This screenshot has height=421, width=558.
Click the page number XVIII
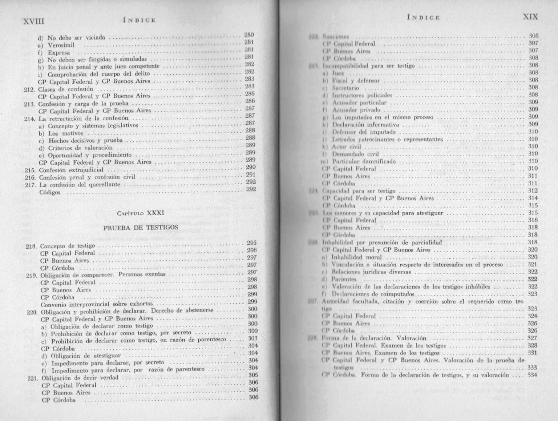click(x=33, y=21)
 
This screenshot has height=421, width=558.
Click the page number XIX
click(x=530, y=17)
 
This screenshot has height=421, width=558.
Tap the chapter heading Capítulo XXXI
click(x=141, y=213)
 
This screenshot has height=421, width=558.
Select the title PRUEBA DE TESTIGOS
click(x=141, y=228)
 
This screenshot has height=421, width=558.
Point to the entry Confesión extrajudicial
click(x=71, y=170)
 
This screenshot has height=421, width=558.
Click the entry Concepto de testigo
click(x=68, y=246)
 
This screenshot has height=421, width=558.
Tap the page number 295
click(x=252, y=243)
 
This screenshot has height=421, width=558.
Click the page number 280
click(x=249, y=35)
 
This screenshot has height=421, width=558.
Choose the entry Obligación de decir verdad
click(x=80, y=378)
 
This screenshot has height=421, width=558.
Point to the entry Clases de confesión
click(x=66, y=89)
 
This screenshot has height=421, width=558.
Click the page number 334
click(x=532, y=375)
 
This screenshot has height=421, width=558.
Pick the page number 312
click(x=533, y=191)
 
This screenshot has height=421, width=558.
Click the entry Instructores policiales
click(x=362, y=95)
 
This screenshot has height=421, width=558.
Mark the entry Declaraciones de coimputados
click(x=373, y=294)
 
